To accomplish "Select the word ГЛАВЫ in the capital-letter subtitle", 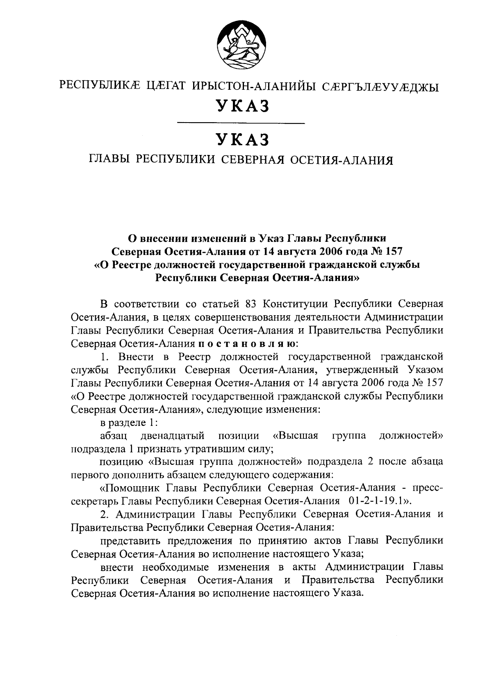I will click(109, 159).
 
